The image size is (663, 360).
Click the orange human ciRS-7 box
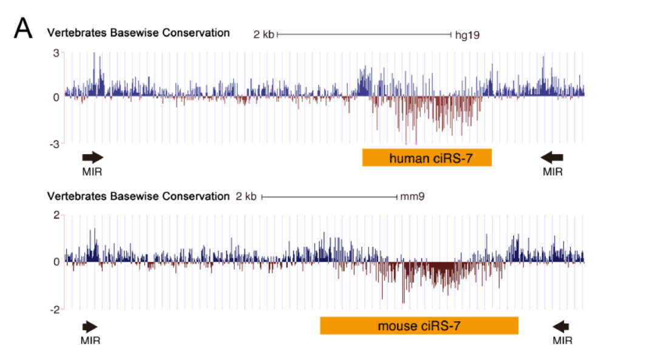click(426, 158)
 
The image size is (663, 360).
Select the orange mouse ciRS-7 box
click(419, 325)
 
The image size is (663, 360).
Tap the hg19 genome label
click(467, 35)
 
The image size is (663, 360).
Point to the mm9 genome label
click(412, 197)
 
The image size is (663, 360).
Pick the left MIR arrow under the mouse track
click(90, 327)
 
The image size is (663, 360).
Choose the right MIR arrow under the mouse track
click(562, 327)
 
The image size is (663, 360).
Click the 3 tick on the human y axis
click(55, 53)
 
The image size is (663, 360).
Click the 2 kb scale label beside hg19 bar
click(263, 35)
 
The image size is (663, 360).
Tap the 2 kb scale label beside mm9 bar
click(246, 197)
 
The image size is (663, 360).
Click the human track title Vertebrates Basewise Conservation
click(138, 33)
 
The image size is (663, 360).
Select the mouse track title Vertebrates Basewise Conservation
click(138, 197)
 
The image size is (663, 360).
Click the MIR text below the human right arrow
click(552, 172)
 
